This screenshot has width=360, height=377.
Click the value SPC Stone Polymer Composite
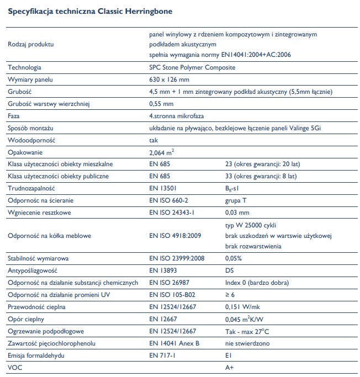(192, 67)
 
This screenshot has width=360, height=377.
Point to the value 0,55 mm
(162, 104)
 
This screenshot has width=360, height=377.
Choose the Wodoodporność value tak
(154, 140)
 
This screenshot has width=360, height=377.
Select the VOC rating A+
(230, 368)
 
